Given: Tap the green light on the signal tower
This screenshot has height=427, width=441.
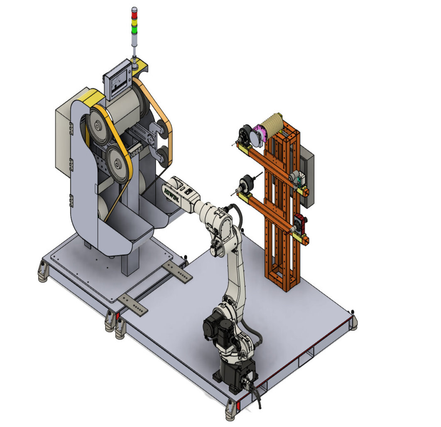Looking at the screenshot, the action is [135, 29].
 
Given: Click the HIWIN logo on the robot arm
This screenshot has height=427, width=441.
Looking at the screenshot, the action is [171, 194].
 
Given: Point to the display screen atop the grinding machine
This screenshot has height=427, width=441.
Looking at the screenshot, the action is [118, 80].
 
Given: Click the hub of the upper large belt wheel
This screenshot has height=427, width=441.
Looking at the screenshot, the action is [97, 126].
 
